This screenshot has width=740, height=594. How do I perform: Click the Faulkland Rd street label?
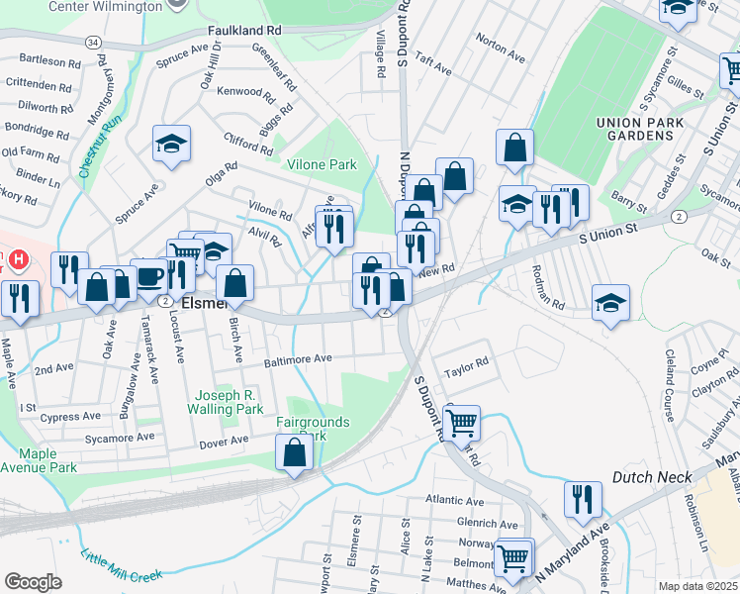[x=244, y=31]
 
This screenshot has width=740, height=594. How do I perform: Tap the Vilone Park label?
[x=321, y=165]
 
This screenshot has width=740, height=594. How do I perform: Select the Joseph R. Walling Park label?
[x=228, y=401]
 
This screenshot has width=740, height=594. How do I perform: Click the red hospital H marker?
[x=16, y=258]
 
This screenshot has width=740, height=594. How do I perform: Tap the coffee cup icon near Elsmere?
[x=149, y=276]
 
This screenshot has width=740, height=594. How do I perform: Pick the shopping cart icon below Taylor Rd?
[x=461, y=423]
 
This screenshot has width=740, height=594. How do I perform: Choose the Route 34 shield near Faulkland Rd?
[x=92, y=44]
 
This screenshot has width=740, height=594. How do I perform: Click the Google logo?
[x=33, y=581]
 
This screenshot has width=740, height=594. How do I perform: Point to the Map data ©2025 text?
[x=697, y=586]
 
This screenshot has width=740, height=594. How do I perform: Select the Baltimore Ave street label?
[x=297, y=359]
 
